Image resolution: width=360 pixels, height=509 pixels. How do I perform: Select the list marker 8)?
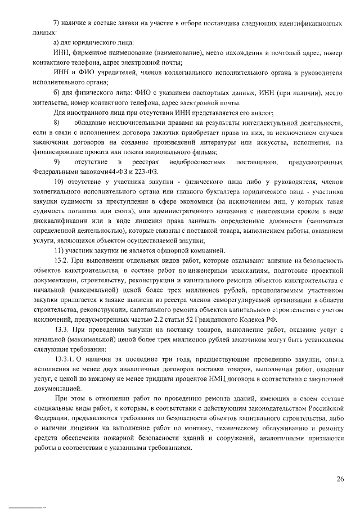point(56,123)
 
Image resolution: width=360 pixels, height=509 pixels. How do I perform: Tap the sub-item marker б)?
point(56,92)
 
